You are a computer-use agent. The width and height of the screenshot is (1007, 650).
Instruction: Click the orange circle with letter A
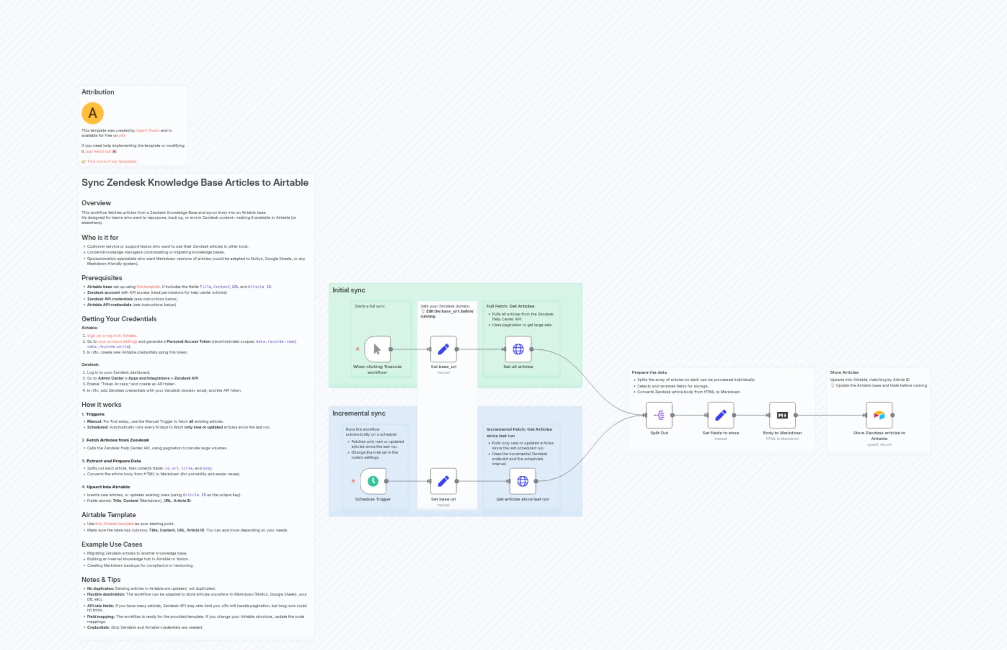pos(93,113)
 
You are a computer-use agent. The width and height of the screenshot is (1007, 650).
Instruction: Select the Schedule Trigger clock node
pos(373,481)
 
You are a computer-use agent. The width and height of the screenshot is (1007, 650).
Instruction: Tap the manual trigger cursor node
pos(377,349)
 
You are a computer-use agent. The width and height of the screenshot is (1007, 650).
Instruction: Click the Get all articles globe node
pos(518,349)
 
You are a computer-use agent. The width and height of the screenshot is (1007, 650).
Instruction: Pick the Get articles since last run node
pos(523,481)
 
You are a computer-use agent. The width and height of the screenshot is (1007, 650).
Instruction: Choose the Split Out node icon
pos(659,415)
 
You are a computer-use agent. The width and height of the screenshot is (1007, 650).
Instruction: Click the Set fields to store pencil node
pos(720,415)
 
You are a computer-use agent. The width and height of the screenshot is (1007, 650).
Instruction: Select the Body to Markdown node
pos(782,415)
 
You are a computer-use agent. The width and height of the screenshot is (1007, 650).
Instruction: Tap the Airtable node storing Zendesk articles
pos(879,415)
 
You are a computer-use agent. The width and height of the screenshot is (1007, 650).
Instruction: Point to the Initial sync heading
pos(349,290)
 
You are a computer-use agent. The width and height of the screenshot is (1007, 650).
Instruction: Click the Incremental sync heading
pos(359,413)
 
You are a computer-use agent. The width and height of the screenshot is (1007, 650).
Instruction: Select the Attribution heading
pos(98,92)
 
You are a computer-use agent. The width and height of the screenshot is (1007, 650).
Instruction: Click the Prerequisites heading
pos(102,278)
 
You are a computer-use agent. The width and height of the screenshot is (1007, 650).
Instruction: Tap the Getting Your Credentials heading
pos(119,319)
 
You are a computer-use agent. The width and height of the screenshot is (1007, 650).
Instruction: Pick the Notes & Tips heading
pos(101,579)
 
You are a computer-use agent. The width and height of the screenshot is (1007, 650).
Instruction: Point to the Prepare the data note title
pos(649,372)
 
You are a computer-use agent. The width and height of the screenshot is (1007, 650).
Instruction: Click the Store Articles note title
pos(844,372)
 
